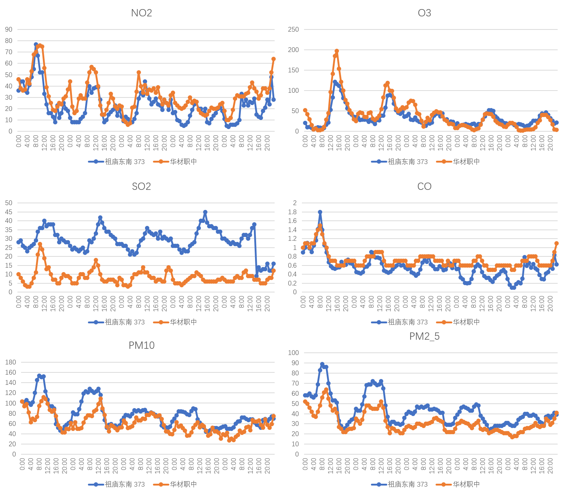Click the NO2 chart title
pos(141,13)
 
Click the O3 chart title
pos(424,13)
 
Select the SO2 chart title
pos(141,187)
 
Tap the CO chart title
pos(424,187)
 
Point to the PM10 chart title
pos(141,345)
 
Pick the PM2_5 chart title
pos(424,336)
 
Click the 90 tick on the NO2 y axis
pos(9,29)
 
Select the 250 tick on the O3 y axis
pos(293,29)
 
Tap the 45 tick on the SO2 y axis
pos(9,212)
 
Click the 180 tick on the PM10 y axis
pos(11,362)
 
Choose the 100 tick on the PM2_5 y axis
pos(293,353)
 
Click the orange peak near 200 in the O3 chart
pos(337,51)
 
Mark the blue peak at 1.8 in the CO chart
pos(320,212)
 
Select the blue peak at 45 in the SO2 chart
pos(205,212)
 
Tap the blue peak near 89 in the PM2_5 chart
pos(322,364)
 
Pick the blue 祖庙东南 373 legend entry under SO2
pos(117,322)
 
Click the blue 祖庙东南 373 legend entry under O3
pos(400,162)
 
